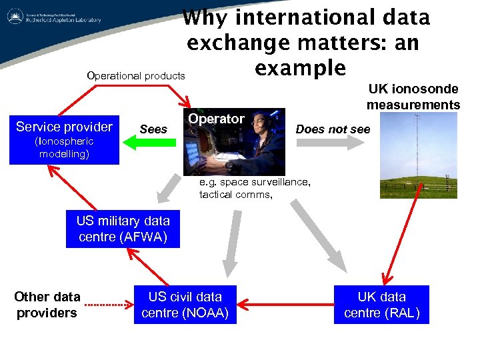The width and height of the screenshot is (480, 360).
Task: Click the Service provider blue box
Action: [64, 139]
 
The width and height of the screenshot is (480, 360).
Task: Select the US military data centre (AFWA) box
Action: [123, 229]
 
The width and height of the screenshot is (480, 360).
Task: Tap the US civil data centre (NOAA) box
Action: [185, 305]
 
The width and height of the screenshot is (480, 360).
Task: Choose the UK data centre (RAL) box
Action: [381, 305]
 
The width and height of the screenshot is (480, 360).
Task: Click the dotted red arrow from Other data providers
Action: [109, 305]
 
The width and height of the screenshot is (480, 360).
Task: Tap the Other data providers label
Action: [47, 305]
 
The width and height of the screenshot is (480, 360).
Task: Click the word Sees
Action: [153, 129]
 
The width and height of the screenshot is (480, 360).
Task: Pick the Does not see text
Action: [332, 129]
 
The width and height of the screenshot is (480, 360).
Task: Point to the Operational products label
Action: [136, 75]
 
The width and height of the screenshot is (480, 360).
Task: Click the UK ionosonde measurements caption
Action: [413, 97]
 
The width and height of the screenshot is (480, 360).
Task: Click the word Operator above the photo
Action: [216, 119]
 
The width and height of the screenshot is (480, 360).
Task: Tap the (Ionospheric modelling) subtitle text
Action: [64, 147]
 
